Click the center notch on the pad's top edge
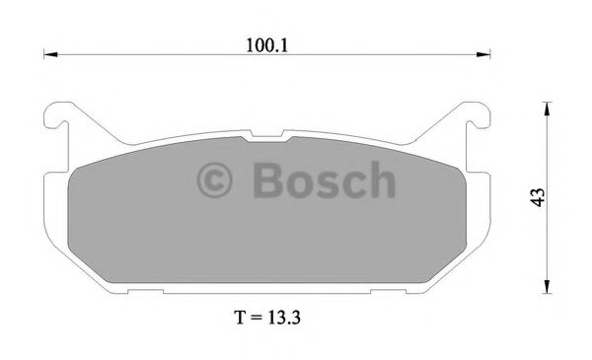268,137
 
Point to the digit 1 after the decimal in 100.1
293,44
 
